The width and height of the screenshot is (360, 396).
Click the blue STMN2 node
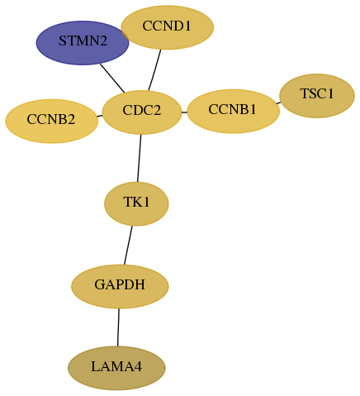pyautogui.click(x=83, y=43)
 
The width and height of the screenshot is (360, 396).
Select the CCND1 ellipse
pyautogui.click(x=167, y=27)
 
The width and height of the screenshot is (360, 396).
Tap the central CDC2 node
pyautogui.click(x=142, y=112)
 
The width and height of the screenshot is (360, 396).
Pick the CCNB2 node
pyautogui.click(x=52, y=122)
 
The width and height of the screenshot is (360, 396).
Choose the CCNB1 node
pyautogui.click(x=234, y=111)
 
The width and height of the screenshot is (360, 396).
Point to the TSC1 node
pyautogui.click(x=317, y=96)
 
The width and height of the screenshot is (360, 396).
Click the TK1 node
pyautogui.click(x=136, y=204)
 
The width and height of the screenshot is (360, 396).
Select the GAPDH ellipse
pyautogui.click(x=120, y=287)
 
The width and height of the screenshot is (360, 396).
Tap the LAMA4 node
pyautogui.click(x=116, y=368)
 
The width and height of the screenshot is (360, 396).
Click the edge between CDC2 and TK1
pyautogui.click(x=139, y=158)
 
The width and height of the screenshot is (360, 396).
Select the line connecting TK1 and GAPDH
pyautogui.click(x=128, y=246)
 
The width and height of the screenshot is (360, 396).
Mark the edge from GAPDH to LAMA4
pyautogui.click(x=118, y=327)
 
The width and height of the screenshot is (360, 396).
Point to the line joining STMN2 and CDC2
pyautogui.click(x=112, y=79)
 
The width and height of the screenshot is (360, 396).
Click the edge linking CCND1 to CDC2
pyautogui.click(x=154, y=70)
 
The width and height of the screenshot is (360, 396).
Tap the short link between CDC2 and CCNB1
pyautogui.click(x=184, y=112)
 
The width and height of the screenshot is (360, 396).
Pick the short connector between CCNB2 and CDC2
pyautogui.click(x=100, y=116)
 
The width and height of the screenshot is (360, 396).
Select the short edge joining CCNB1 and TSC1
pyautogui.click(x=278, y=103)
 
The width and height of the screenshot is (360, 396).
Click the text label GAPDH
pyautogui.click(x=120, y=284)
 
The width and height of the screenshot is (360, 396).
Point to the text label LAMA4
pyautogui.click(x=116, y=367)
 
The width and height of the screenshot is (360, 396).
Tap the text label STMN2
pyautogui.click(x=83, y=41)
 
